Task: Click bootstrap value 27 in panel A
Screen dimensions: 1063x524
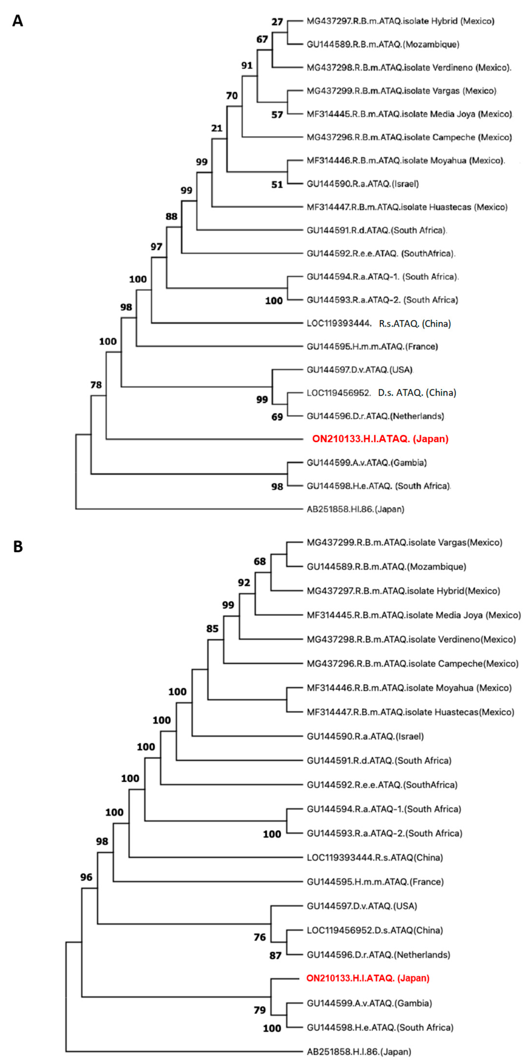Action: point(277,21)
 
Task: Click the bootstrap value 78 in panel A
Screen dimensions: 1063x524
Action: point(96,385)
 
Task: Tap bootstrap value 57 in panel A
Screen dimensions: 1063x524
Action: point(277,115)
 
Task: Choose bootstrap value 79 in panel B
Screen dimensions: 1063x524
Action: point(259,1010)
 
